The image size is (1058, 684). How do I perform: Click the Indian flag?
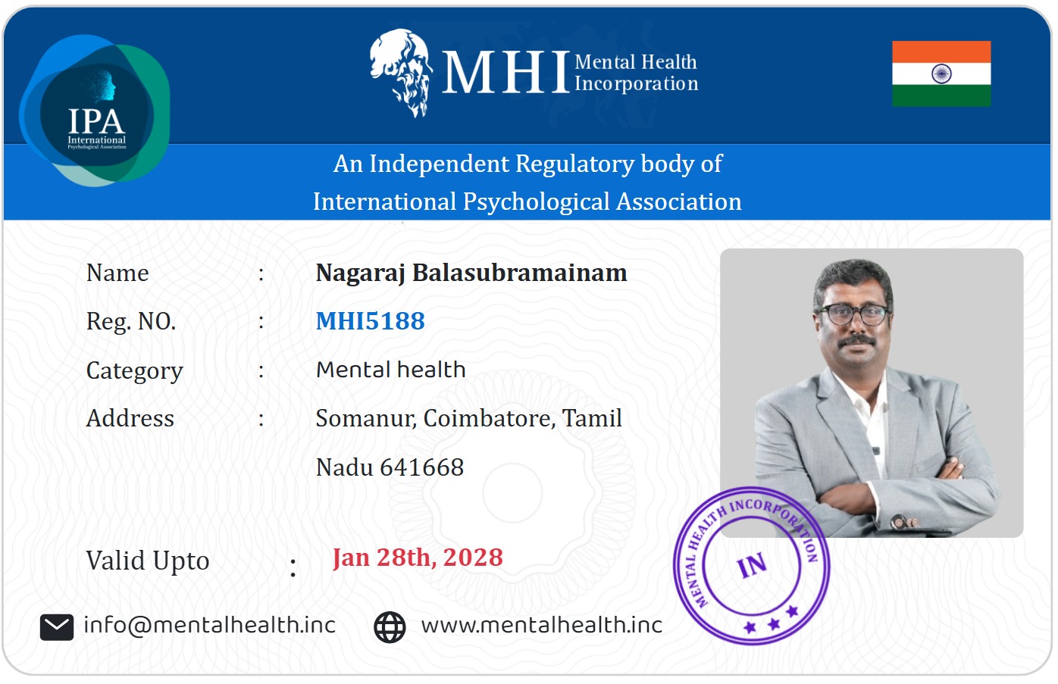click(941, 73)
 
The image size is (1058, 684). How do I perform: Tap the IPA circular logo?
click(95, 111)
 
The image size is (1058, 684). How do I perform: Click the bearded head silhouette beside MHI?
click(401, 73)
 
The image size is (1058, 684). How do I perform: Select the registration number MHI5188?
click(371, 321)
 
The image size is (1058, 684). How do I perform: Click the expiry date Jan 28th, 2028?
click(418, 558)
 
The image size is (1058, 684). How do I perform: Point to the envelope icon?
click(57, 627)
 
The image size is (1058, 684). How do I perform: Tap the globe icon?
click(390, 627)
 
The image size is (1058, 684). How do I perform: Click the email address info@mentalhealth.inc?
click(209, 625)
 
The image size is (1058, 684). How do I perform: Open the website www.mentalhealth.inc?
click(542, 625)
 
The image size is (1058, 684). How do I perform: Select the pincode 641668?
click(422, 467)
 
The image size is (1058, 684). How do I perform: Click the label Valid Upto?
click(147, 561)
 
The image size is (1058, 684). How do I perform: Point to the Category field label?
click(135, 371)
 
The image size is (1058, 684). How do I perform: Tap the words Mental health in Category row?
click(390, 369)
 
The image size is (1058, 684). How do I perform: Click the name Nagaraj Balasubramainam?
click(471, 273)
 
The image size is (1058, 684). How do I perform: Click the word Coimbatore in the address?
click(490, 418)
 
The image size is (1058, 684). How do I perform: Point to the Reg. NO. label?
click(131, 322)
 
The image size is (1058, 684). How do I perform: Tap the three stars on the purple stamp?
click(772, 620)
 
